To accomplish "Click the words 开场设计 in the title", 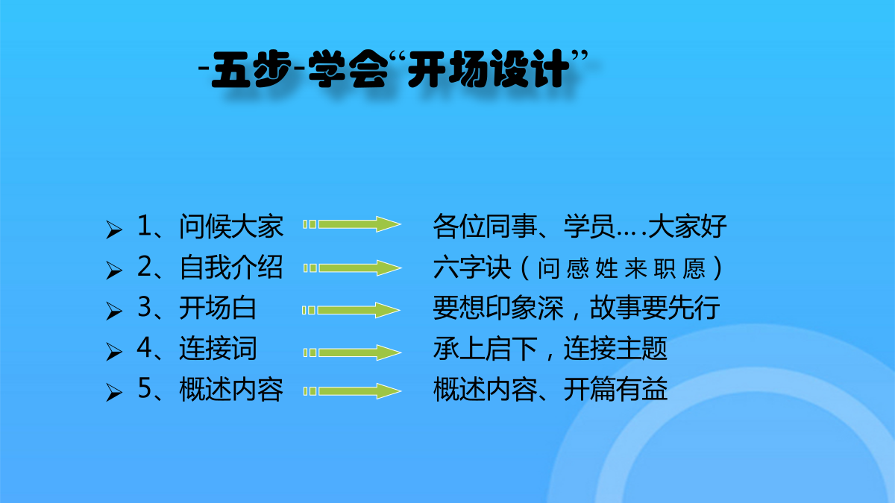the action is (x=489, y=69).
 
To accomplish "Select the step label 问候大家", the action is (x=231, y=227).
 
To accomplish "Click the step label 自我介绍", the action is (x=231, y=267).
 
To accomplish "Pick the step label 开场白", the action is (x=218, y=308).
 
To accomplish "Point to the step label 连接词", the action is (x=218, y=349).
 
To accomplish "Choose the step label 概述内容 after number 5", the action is (x=231, y=389).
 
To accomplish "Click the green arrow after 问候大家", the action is (x=352, y=224).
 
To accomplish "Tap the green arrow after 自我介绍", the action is (x=352, y=268).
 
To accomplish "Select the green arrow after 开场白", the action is (x=351, y=310).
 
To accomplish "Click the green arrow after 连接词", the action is (x=352, y=352).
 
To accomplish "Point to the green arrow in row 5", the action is (x=352, y=391).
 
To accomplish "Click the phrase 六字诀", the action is (x=472, y=267).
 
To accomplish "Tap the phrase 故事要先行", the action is (x=655, y=308).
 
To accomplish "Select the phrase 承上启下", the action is (x=485, y=349).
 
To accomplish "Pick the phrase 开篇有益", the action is (x=616, y=389).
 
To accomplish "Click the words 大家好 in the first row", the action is (x=687, y=227).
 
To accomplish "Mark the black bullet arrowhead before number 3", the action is (x=114, y=311).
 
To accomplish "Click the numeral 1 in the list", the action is (x=145, y=225).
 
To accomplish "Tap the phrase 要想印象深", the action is (x=498, y=308).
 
